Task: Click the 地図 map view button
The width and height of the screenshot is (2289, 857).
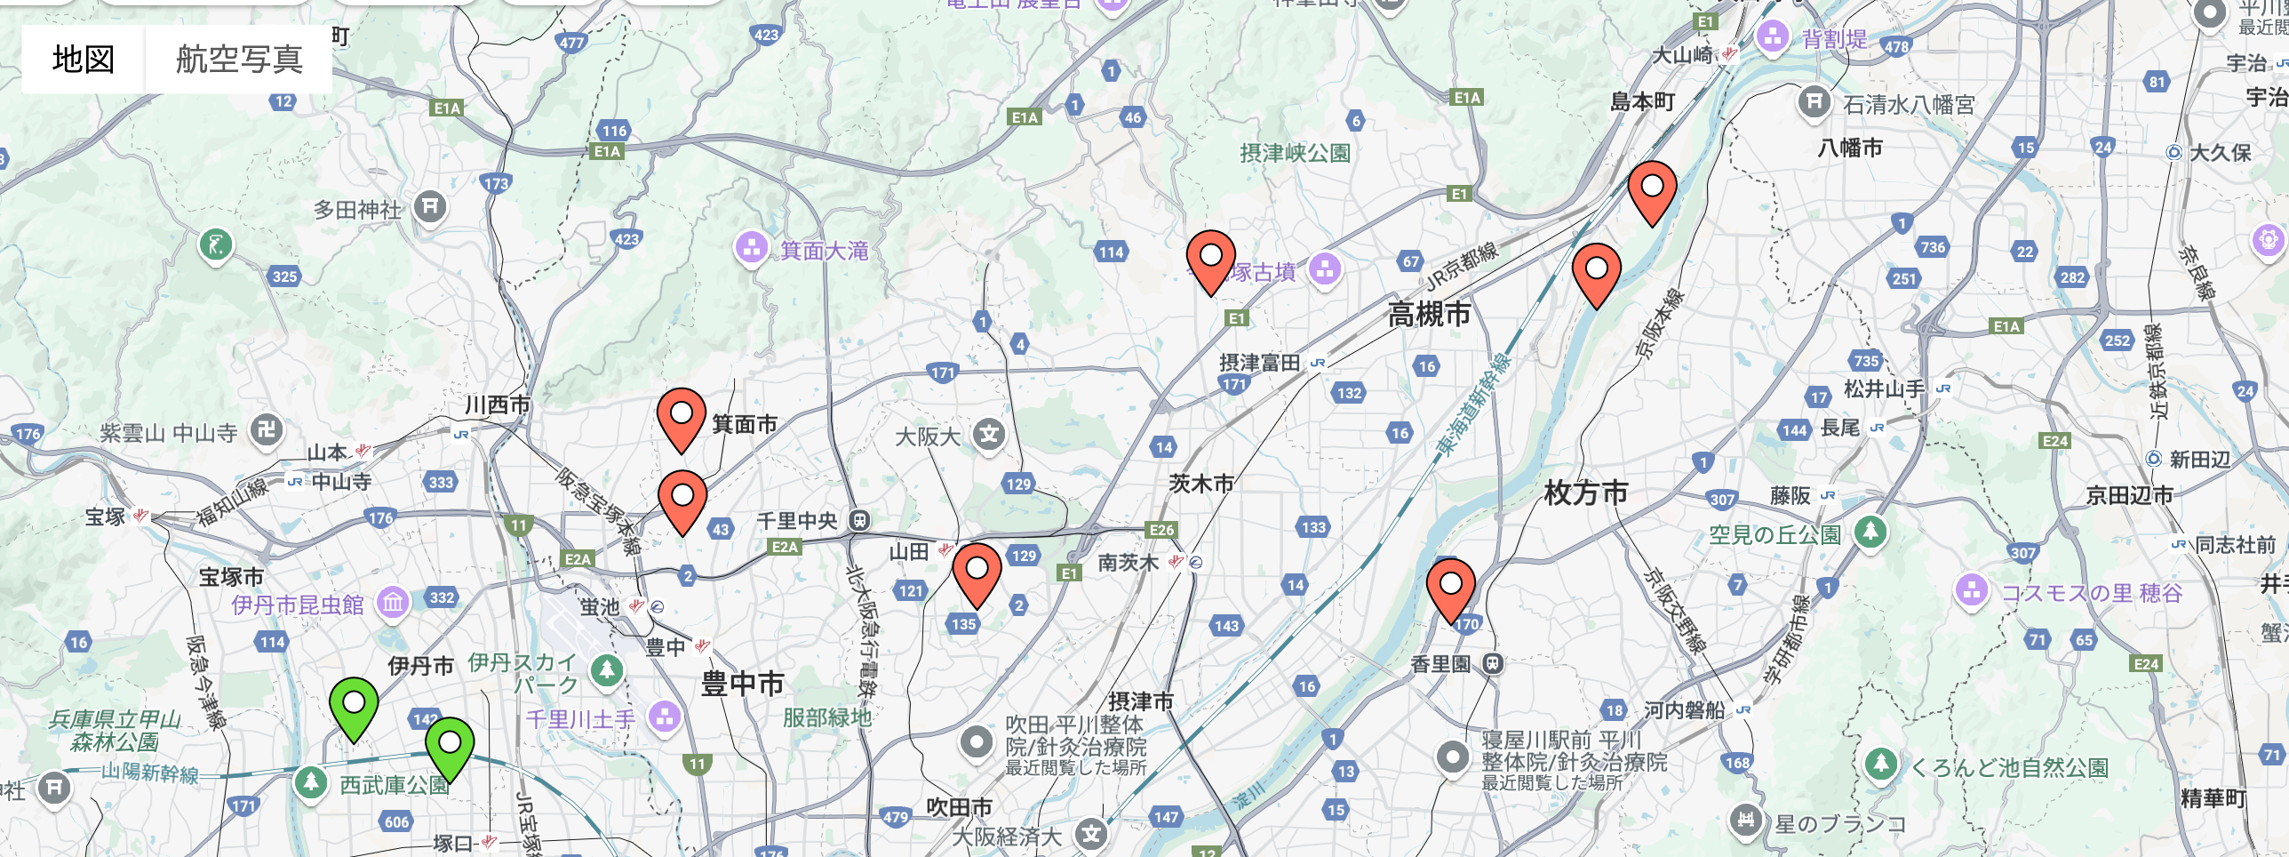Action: [x=84, y=59]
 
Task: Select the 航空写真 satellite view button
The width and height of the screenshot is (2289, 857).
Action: [x=239, y=59]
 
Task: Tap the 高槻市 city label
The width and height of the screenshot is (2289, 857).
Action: [x=1429, y=314]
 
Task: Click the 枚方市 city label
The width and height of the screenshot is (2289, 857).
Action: [x=1585, y=492]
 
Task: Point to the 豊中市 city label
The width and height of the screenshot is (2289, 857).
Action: [x=742, y=684]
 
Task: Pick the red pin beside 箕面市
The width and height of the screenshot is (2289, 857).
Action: [x=681, y=418]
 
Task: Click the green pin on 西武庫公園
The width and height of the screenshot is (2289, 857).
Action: [x=450, y=747]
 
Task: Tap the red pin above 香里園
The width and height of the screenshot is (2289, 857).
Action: [x=1450, y=588]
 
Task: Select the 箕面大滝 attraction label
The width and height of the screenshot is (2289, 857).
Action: [x=824, y=251]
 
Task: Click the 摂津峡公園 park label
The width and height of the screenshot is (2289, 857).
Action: [x=1295, y=153]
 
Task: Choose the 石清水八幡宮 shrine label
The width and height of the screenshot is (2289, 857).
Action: [x=1908, y=105]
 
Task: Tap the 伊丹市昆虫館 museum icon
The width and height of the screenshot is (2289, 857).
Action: [x=393, y=604]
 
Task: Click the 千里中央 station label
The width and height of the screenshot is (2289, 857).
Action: [x=796, y=521]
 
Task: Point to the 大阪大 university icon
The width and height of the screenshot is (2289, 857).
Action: [x=988, y=435]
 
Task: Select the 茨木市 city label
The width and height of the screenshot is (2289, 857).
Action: [x=1201, y=483]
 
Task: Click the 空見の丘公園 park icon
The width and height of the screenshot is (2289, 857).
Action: [x=1870, y=532]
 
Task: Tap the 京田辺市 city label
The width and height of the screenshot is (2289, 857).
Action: [x=2129, y=495]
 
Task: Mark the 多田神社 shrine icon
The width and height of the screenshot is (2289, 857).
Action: [x=431, y=207]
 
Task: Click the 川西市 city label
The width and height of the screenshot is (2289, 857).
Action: [x=498, y=404]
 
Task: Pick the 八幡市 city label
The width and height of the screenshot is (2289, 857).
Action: [x=1850, y=148]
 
